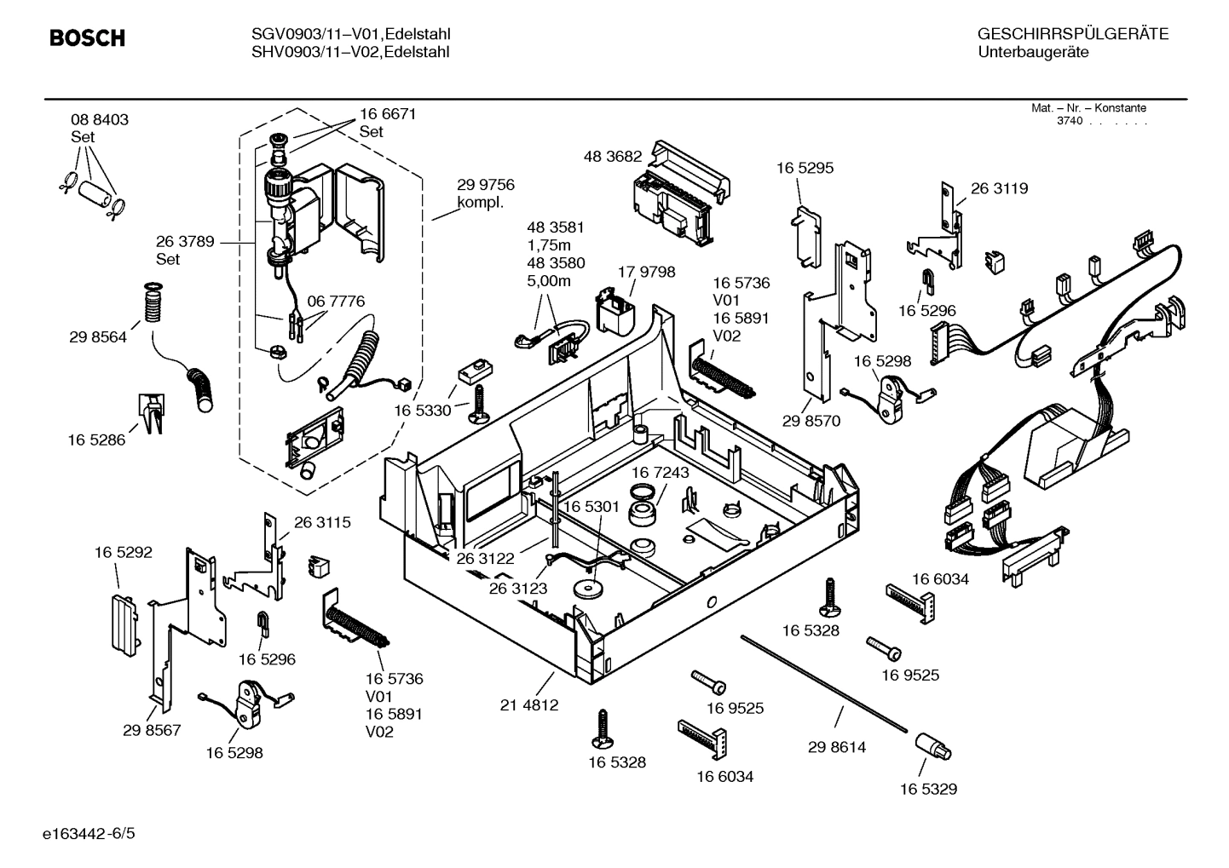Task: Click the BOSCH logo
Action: point(87,38)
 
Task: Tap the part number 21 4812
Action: point(528,705)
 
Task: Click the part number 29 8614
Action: point(836,747)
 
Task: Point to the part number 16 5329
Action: point(928,789)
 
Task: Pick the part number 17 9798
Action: point(646,272)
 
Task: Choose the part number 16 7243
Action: point(661,472)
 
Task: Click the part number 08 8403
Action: point(100,120)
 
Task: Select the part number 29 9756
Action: point(486,185)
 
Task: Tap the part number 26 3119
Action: point(999,188)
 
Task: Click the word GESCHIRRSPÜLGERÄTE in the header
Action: point(1072,35)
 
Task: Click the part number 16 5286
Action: point(96,440)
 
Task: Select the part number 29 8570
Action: point(811,421)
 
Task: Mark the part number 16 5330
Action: point(422,411)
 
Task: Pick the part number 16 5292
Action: point(123,552)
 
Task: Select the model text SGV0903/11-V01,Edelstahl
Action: point(350,35)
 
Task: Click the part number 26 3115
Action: point(322,522)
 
